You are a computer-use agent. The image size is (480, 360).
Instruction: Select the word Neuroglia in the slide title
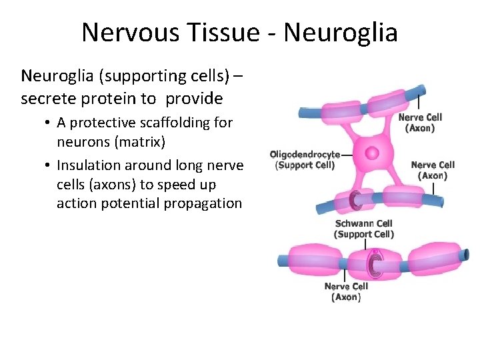(x=341, y=32)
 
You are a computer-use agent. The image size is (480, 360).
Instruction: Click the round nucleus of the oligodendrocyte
(x=372, y=153)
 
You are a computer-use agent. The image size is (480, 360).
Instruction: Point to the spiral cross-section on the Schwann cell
(x=374, y=264)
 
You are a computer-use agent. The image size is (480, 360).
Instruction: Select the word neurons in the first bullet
(x=85, y=141)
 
